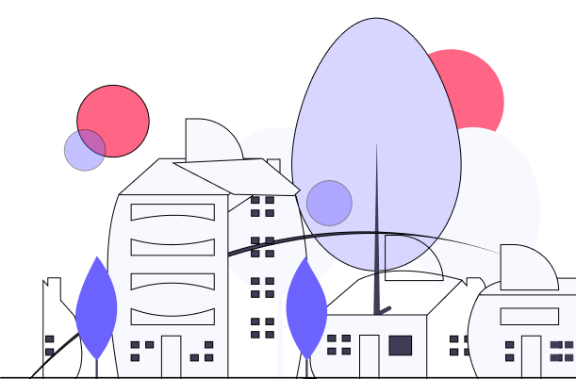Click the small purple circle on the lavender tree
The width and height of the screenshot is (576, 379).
point(329,203)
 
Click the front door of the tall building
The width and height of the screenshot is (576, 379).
point(171,356)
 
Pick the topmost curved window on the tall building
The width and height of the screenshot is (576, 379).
point(173,212)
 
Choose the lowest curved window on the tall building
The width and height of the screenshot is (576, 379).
point(173,316)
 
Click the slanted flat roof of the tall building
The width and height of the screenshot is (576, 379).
point(236,176)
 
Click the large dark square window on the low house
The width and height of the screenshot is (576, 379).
point(401,345)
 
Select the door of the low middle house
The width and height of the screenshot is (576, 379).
point(370,356)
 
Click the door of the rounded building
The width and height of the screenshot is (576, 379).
point(532,356)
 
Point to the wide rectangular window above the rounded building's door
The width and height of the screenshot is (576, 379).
point(530,316)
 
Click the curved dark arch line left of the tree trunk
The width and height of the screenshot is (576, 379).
point(283,239)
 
